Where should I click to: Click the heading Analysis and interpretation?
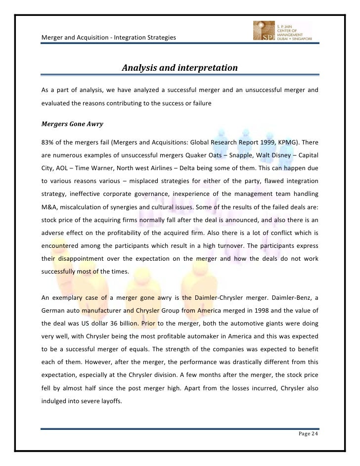(180, 67)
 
